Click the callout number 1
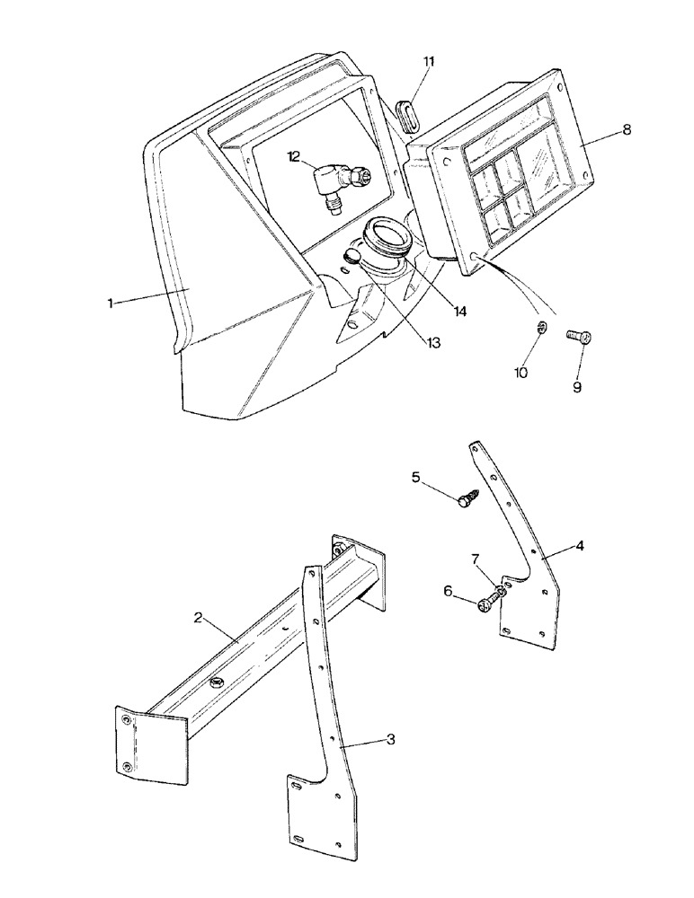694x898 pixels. [x=110, y=304]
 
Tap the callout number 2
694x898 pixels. [x=198, y=617]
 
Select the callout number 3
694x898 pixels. [x=390, y=739]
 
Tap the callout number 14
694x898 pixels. [x=460, y=311]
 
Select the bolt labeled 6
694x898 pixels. [x=486, y=606]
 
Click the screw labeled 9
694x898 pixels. [x=576, y=338]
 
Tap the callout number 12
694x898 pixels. [x=295, y=156]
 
